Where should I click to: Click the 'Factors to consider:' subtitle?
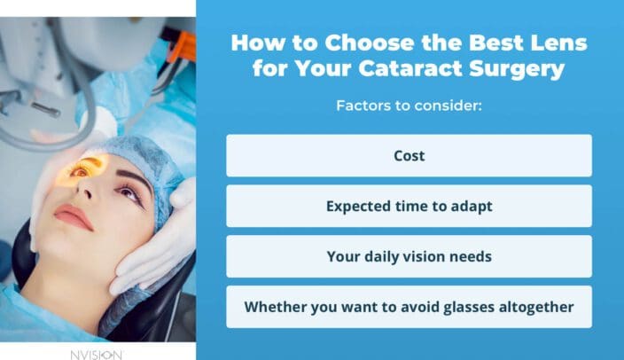tap(409, 106)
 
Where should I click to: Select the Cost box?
tap(409, 156)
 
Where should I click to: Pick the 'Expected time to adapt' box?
tap(409, 207)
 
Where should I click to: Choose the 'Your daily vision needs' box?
tap(409, 257)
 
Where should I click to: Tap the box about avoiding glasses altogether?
tap(409, 307)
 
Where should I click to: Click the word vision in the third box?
tap(423, 257)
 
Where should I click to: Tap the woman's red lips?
tap(73, 216)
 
